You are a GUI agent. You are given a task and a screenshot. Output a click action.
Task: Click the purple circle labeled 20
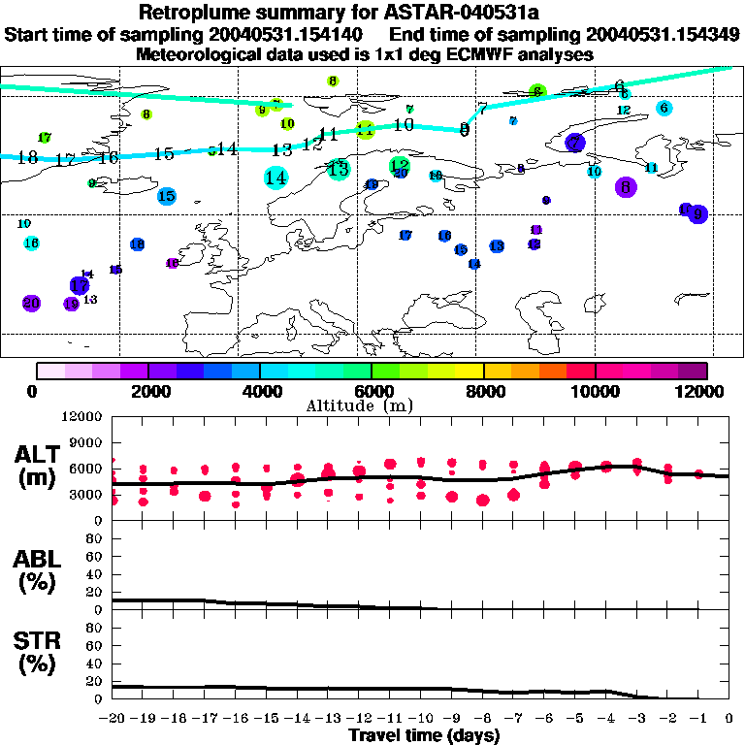tap(31, 304)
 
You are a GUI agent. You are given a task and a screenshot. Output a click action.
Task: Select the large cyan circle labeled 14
tap(275, 177)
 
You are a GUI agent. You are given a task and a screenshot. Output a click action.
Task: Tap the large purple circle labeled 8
tap(626, 187)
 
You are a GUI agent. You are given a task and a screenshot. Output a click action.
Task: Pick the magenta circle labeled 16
tap(172, 263)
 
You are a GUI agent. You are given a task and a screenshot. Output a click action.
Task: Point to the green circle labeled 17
tap(45, 138)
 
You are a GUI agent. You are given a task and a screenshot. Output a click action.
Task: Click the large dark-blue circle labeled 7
tap(575, 143)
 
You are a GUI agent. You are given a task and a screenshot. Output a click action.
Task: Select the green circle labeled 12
tap(399, 167)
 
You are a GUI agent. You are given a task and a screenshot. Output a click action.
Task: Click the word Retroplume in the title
tap(191, 13)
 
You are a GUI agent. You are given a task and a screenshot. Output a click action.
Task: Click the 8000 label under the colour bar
tap(484, 391)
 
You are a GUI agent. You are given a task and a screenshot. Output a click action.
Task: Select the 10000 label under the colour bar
tap(596, 391)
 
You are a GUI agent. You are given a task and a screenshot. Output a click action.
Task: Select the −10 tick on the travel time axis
tap(421, 719)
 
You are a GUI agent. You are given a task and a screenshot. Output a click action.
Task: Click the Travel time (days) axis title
tap(423, 735)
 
